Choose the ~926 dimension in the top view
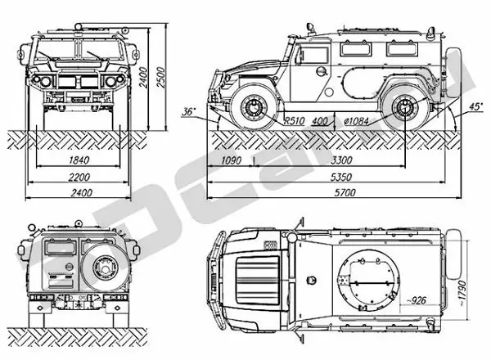click(419, 299)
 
